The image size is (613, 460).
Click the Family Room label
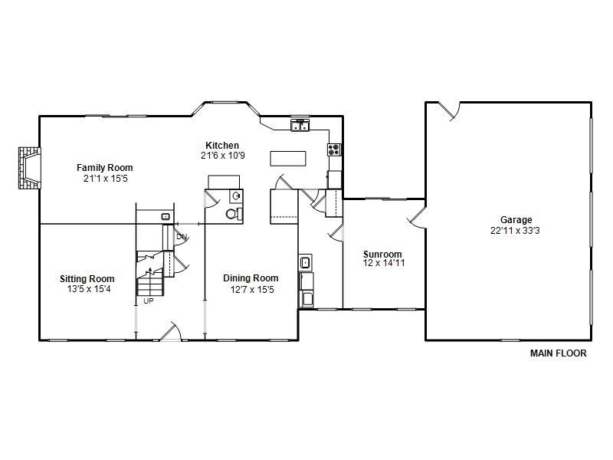[104, 168]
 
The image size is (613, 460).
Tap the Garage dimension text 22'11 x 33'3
[512, 230]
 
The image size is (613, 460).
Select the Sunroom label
[382, 255]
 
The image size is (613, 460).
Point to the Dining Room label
[251, 278]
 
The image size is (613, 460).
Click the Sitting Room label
[87, 279]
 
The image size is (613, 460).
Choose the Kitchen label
[222, 146]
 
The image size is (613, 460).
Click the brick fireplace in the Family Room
[28, 169]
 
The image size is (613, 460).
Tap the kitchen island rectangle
[287, 158]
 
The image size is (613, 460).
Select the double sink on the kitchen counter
[300, 126]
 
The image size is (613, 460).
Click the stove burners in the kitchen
[334, 149]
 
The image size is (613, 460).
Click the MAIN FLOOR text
[559, 354]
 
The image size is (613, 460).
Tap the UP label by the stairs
[148, 301]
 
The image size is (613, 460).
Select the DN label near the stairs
[182, 237]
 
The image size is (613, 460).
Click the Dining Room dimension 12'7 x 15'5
[251, 289]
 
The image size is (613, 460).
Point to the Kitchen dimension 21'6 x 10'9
[222, 156]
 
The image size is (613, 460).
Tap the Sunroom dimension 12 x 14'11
[382, 264]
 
